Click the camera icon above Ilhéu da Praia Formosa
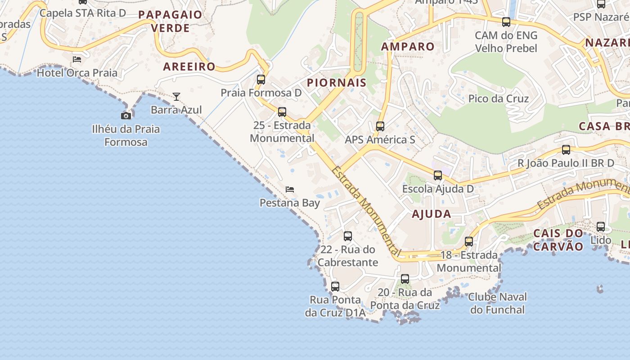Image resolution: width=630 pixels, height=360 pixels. point(126,116)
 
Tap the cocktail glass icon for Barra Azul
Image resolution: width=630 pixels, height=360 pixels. point(176,97)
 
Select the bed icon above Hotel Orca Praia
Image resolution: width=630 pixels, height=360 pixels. point(77,59)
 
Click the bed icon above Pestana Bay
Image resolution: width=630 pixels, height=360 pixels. point(290,189)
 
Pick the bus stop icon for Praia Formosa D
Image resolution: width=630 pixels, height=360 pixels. point(261,80)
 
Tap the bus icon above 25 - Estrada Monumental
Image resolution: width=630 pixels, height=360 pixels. point(282,112)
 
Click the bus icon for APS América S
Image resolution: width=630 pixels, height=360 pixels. point(380,126)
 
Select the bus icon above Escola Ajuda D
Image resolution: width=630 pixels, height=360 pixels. point(438,175)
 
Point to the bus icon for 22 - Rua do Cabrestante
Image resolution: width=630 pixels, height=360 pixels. point(347,236)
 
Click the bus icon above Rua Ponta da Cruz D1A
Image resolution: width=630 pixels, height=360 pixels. point(335,287)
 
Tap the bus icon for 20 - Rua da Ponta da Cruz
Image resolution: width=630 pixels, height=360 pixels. point(405,279)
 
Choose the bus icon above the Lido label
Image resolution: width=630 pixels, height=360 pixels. point(601,227)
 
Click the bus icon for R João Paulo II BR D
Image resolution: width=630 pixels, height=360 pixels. point(566,150)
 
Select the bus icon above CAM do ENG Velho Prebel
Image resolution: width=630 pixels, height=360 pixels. point(506,22)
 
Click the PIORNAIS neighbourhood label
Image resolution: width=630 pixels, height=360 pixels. point(337,83)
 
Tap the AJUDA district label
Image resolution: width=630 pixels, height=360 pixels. point(431,214)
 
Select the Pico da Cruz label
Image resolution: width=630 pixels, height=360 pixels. point(498,99)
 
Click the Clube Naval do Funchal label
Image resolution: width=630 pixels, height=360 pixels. point(497,303)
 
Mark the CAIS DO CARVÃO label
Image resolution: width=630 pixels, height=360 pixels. point(558,240)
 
